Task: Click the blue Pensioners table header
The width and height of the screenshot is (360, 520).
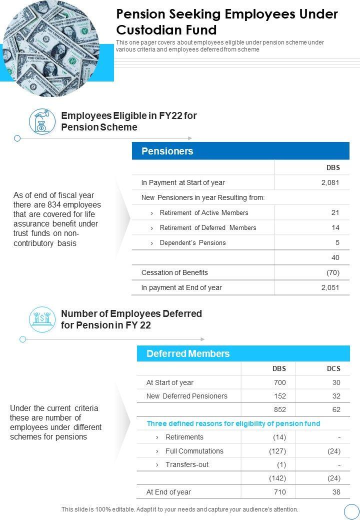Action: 240,151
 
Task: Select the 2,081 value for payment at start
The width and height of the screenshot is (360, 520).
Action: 330,182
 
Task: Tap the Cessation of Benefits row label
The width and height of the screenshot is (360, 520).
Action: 174,272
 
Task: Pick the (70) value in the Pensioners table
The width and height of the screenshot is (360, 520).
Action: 332,272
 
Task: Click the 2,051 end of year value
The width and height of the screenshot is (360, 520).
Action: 330,287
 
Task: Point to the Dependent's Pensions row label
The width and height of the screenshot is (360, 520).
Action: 192,242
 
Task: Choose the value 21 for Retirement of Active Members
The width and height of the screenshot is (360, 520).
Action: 335,212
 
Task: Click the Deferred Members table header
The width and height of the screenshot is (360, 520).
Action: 243,353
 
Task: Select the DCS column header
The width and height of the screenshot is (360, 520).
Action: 333,368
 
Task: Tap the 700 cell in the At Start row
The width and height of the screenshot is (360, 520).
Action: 279,382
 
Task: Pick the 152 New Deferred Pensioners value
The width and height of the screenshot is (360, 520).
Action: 279,396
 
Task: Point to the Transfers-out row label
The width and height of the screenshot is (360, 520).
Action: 187,464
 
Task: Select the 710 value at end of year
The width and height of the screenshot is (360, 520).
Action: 279,492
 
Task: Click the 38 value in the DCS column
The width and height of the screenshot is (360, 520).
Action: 336,492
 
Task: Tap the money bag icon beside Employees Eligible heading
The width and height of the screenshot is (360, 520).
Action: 42,121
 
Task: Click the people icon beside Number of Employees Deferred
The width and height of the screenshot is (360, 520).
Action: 42,319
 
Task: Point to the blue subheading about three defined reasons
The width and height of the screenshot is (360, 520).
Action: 233,423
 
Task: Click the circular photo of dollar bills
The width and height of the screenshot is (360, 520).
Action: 50,47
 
